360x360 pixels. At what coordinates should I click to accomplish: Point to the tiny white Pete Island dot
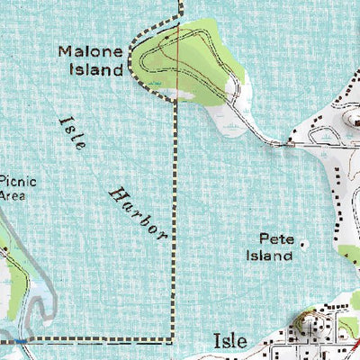[x=302, y=242]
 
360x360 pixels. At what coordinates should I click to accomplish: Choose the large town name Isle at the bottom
[x=230, y=341]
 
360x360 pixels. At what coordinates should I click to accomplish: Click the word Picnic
[x=18, y=180]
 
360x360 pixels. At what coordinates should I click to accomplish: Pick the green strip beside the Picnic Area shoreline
[x=7, y=243]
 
